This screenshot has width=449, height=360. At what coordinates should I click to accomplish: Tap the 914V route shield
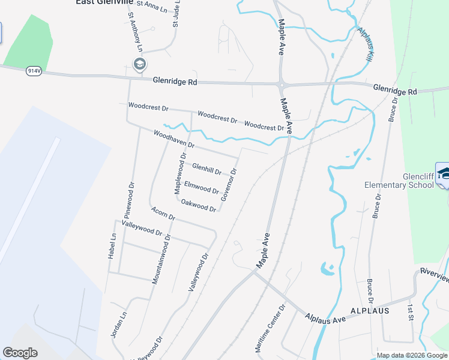pos(34,71)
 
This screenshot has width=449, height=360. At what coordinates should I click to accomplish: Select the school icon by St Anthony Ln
pos(140,65)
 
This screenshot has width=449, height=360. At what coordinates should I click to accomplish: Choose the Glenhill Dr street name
pos(206,169)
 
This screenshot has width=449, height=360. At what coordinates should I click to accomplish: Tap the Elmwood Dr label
pos(201,188)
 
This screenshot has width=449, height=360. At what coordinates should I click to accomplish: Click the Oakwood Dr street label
pos(198,205)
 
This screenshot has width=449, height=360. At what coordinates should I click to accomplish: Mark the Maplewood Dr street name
pos(179,173)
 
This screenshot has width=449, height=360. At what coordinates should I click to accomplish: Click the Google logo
pos(20,353)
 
